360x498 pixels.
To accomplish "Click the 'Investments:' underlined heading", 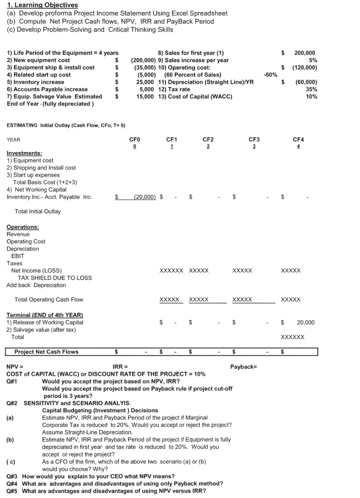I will point(24,153).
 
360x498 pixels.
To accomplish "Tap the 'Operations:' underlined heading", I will point(22,227).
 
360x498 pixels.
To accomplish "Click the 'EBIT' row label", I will point(18,256).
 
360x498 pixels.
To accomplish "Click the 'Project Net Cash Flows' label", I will point(46,352).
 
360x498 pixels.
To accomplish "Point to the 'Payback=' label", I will point(243,367).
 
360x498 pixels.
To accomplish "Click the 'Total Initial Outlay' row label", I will point(37,212).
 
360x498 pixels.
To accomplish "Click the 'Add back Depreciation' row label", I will point(36,285).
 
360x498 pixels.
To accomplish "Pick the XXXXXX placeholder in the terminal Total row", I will point(292,337).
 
